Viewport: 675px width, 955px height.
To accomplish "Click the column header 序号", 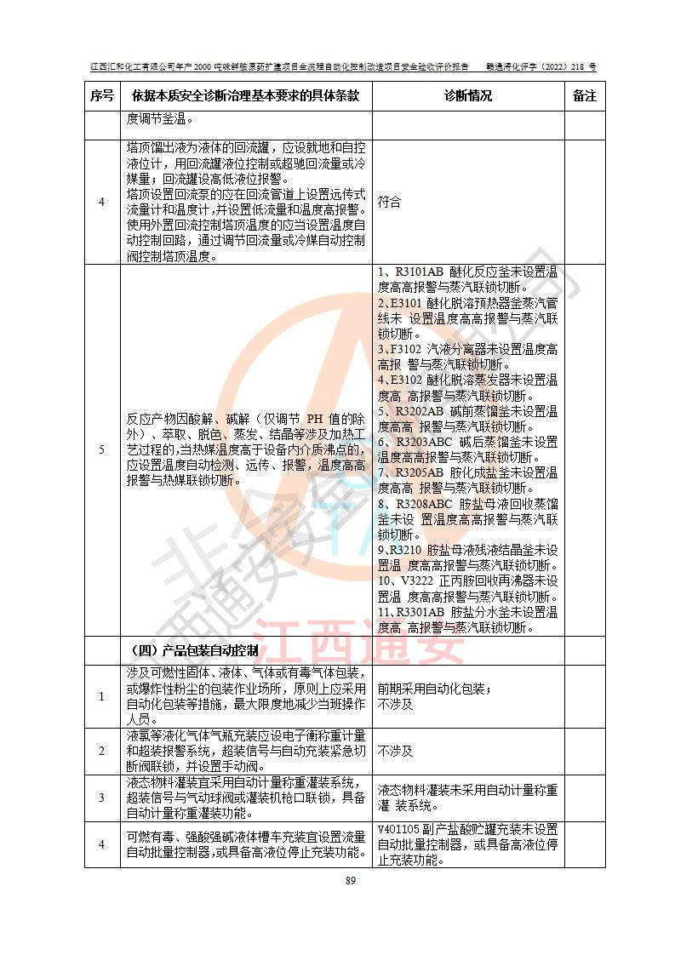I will [x=101, y=95].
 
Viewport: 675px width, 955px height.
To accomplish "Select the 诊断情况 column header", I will [x=468, y=95].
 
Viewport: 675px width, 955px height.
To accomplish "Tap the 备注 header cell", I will [x=585, y=95].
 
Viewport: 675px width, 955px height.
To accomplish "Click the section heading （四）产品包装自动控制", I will [x=194, y=651].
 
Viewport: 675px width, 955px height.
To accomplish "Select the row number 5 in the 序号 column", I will [x=101, y=449].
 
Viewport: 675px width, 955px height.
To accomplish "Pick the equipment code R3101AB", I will [x=421, y=272].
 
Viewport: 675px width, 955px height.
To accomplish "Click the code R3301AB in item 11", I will [x=420, y=612].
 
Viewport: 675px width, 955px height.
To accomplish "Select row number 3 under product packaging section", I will [x=101, y=798].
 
